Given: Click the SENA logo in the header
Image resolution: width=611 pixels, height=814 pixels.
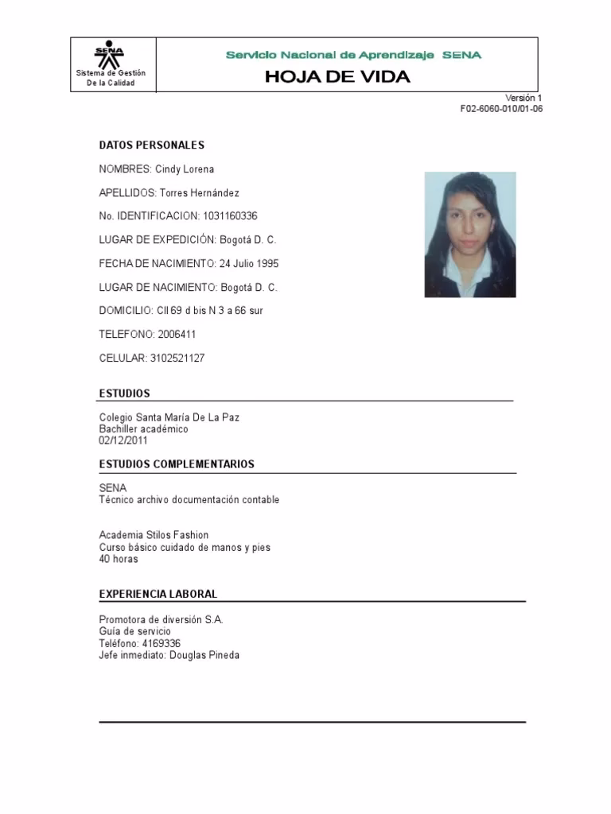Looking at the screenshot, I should (x=110, y=55).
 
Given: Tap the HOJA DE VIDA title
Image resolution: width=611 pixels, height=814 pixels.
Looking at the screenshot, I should (x=337, y=77).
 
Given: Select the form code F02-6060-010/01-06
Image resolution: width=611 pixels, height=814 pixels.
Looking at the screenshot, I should (x=501, y=109).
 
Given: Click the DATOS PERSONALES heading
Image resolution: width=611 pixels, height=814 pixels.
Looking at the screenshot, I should (x=151, y=145).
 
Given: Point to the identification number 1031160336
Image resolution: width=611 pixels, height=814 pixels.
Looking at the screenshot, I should (x=230, y=216).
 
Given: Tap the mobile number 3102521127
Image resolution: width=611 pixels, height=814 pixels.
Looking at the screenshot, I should (x=177, y=359).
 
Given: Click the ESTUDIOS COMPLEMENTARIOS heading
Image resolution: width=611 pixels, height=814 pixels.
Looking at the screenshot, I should (x=177, y=464).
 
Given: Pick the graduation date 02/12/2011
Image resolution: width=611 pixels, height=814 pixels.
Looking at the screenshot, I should (x=123, y=440).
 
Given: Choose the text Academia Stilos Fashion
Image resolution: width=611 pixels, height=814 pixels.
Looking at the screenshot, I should (x=154, y=536).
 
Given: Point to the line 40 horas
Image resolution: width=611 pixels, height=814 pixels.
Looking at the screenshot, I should (x=119, y=559).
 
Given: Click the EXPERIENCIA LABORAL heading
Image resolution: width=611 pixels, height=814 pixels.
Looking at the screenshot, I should (x=158, y=594).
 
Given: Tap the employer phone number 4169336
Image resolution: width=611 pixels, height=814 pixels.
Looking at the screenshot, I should (x=162, y=643).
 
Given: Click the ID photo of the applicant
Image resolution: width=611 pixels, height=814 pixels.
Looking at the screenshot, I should (x=469, y=235).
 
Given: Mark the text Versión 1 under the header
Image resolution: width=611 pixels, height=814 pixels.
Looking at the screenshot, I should (x=523, y=98).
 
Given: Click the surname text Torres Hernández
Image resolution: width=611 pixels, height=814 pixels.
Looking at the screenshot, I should (x=199, y=193).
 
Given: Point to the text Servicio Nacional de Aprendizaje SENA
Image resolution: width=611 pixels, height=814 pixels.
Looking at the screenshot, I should (x=353, y=55).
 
